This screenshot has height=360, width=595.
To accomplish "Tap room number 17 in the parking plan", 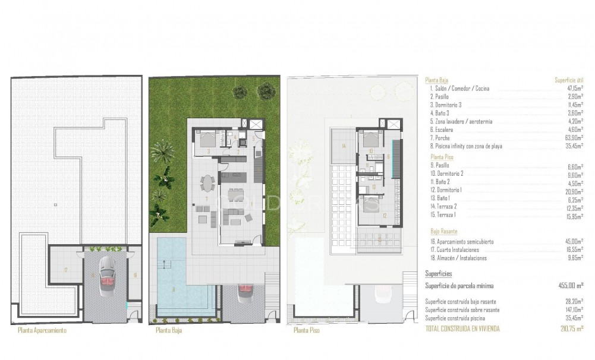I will [65, 270].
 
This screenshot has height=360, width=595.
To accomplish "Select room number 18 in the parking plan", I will [136, 274].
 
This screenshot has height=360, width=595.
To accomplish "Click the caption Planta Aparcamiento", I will [42, 330].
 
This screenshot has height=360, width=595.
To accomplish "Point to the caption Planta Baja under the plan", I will [168, 330].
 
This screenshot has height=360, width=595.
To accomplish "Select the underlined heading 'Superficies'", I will [439, 274].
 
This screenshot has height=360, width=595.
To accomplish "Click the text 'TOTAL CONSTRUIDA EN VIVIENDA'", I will [463, 327].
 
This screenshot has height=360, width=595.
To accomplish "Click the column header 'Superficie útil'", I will [568, 79].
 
